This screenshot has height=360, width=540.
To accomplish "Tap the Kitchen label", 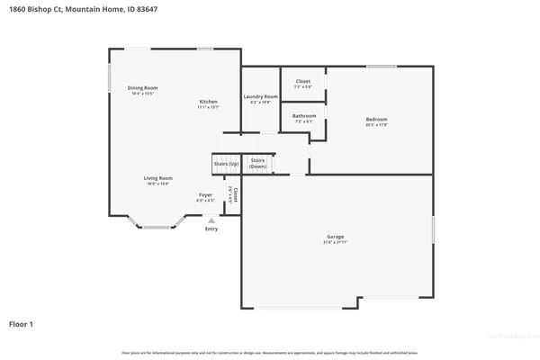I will pos(208,102).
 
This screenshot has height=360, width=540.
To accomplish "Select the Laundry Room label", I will pos(260,96).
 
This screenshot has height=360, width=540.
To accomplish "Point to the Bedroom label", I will pos(376,120).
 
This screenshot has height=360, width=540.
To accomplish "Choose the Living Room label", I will pos(157,178).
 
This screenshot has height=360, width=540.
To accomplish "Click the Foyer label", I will pos(205,194).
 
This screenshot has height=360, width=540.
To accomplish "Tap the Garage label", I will pos(334,237).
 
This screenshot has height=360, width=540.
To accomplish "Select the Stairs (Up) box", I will pos(225,165).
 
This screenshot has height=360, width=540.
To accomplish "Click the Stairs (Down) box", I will pos(258,165).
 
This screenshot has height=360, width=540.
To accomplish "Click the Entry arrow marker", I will pos(211,220).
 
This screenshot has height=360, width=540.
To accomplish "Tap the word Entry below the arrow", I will pos(211,229).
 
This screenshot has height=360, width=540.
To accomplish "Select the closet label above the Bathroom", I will pos(303,81).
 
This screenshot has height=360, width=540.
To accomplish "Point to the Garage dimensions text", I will pos(334,242).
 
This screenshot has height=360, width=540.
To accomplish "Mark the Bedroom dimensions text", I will pos(376,125).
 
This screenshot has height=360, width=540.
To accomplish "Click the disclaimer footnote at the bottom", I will pos(269,352).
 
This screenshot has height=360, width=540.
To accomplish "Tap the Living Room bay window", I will pos(157,227).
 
